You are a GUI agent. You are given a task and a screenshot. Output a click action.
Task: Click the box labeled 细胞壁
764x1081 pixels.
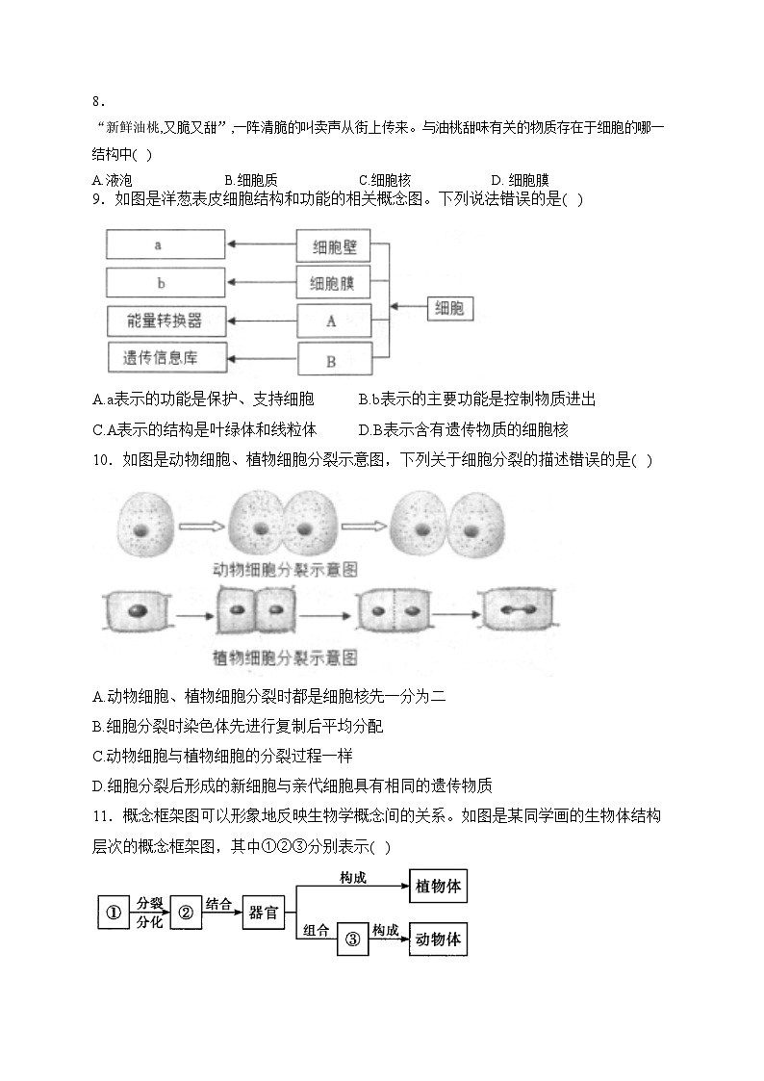pyautogui.click(x=334, y=246)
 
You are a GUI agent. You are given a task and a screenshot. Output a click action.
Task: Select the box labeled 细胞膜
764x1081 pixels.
pyautogui.click(x=334, y=283)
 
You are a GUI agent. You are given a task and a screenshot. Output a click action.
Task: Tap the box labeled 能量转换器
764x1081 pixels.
pyautogui.click(x=166, y=322)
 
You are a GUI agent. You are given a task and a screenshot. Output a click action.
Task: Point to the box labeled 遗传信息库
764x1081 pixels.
pyautogui.click(x=166, y=358)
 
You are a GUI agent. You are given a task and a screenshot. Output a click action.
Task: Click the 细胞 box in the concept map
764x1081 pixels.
pyautogui.click(x=450, y=307)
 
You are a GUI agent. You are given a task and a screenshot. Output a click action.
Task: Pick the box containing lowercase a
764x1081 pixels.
pyautogui.click(x=166, y=245)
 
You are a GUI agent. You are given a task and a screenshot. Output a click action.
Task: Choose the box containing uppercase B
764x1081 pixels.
pyautogui.click(x=335, y=361)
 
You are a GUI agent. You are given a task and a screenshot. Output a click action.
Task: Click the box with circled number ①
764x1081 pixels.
pyautogui.click(x=114, y=913)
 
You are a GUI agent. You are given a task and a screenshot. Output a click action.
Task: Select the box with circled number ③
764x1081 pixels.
pyautogui.click(x=353, y=939)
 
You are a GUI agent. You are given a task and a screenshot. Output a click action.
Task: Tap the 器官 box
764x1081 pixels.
pyautogui.click(x=263, y=913)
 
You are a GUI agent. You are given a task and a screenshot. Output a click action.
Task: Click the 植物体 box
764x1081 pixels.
pyautogui.click(x=438, y=886)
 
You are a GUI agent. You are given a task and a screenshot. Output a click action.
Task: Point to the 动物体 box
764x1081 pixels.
pyautogui.click(x=438, y=939)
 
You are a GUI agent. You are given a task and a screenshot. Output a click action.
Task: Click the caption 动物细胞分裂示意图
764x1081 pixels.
pyautogui.click(x=285, y=570)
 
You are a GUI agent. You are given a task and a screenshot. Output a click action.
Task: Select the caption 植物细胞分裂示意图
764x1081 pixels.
pyautogui.click(x=285, y=657)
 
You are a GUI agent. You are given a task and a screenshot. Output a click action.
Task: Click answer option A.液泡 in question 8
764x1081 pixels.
pyautogui.click(x=112, y=181)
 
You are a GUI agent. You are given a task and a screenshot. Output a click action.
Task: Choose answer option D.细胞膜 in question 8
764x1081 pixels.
pyautogui.click(x=521, y=181)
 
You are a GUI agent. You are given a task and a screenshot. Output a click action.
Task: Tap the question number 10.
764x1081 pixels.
pyautogui.click(x=102, y=460)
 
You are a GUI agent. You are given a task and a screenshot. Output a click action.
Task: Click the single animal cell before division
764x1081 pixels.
pyautogui.click(x=143, y=525)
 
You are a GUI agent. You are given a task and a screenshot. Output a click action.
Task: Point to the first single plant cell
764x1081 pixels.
pyautogui.click(x=136, y=611)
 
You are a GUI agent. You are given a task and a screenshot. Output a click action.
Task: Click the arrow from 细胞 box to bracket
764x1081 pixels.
pyautogui.click(x=409, y=307)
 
